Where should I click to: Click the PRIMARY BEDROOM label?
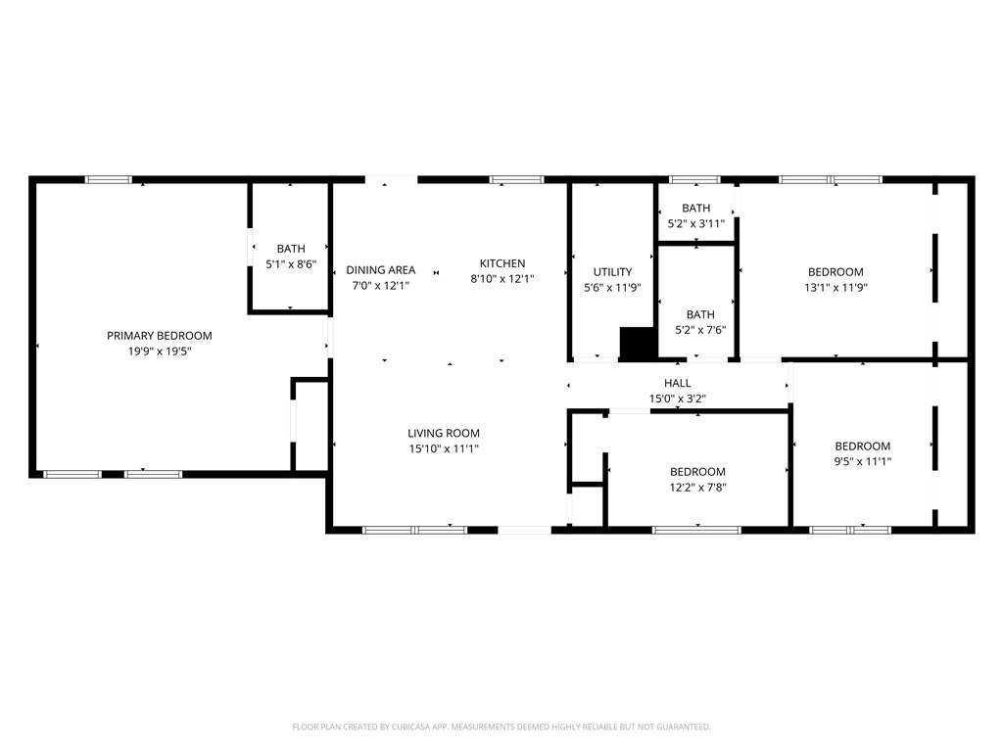pyautogui.click(x=159, y=336)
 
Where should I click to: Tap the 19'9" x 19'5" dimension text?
pyautogui.click(x=159, y=351)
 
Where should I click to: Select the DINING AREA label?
pyautogui.click(x=380, y=270)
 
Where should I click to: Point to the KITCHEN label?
pyautogui.click(x=502, y=263)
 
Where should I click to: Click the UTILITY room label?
pyautogui.click(x=612, y=272)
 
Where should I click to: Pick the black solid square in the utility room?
pyautogui.click(x=637, y=343)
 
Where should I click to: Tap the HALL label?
pyautogui.click(x=677, y=383)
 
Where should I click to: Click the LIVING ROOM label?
pyautogui.click(x=444, y=433)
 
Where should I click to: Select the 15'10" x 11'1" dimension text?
pyautogui.click(x=444, y=448)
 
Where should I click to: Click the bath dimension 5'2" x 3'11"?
pyautogui.click(x=695, y=223)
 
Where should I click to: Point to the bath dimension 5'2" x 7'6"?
pyautogui.click(x=700, y=330)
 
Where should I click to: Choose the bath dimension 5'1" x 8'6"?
pyautogui.click(x=291, y=264)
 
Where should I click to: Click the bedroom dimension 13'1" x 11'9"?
pyautogui.click(x=836, y=288)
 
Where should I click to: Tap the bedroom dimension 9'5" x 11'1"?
pyautogui.click(x=862, y=462)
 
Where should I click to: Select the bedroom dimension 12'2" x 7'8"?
pyautogui.click(x=697, y=487)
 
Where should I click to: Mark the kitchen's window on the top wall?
pyautogui.click(x=516, y=179)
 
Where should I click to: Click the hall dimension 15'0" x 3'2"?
pyautogui.click(x=677, y=399)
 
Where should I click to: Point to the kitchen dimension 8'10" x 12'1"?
pyautogui.click(x=502, y=279)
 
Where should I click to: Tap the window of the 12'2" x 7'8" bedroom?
pyautogui.click(x=696, y=530)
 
